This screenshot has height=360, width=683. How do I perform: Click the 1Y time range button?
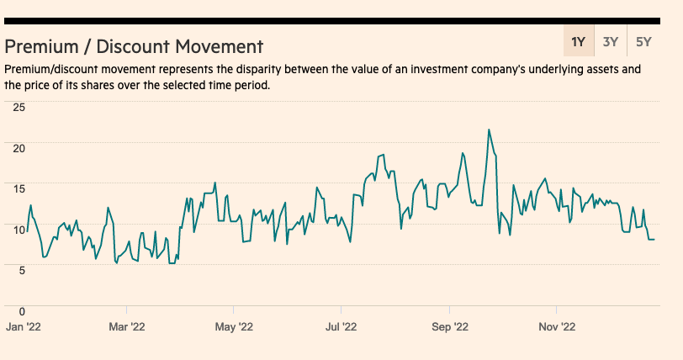tap(578, 41)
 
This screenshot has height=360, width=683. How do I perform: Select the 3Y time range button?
tap(612, 41)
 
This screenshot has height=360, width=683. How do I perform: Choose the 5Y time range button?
tap(644, 41)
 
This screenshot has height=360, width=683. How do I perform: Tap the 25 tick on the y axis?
tap(19, 107)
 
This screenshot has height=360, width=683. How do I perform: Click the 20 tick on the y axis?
tap(19, 147)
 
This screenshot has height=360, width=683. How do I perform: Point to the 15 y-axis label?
tap(19, 188)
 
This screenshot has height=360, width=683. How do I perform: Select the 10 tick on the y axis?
tap(19, 228)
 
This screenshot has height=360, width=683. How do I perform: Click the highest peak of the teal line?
tap(489, 130)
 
